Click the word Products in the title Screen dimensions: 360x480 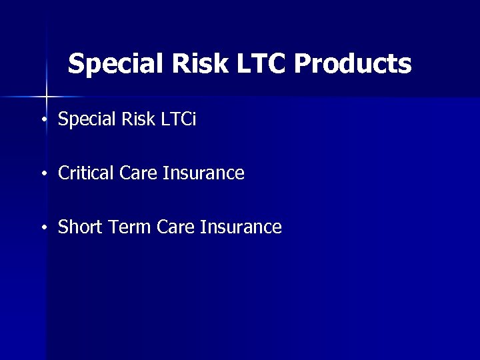pyautogui.click(x=352, y=64)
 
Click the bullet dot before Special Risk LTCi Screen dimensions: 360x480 pyautogui.click(x=43, y=121)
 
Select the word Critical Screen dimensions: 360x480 pyautogui.click(x=86, y=173)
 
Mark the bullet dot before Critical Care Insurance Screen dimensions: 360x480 pyautogui.click(x=43, y=175)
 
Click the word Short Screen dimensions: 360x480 pyautogui.click(x=78, y=227)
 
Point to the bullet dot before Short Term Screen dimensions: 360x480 pyautogui.click(x=43, y=229)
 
